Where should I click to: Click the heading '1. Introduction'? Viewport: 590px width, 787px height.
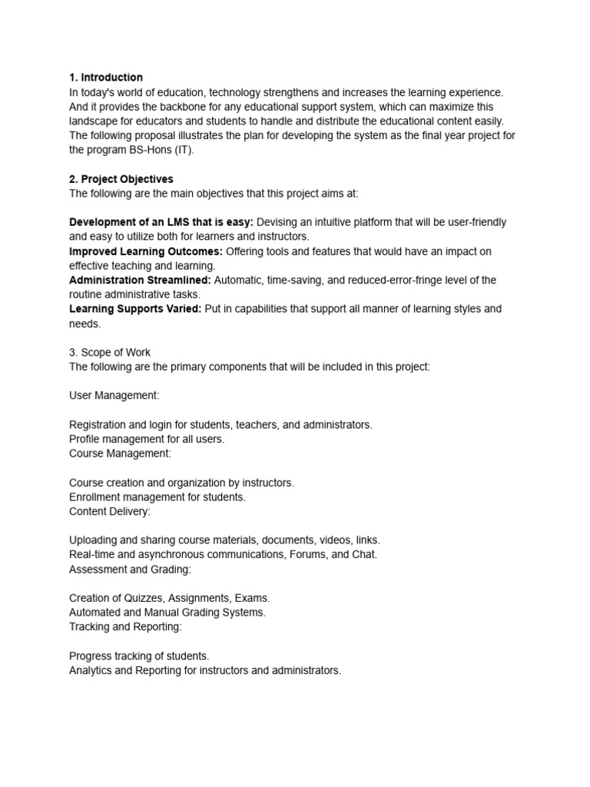coord(106,78)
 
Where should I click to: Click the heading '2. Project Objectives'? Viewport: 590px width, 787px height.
coord(121,179)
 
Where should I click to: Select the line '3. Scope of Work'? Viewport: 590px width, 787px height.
coord(110,352)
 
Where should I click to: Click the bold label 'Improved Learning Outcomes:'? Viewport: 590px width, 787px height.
coord(146,251)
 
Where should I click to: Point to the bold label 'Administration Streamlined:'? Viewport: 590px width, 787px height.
coord(140,281)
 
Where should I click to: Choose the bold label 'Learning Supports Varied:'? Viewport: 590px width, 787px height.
coord(135,309)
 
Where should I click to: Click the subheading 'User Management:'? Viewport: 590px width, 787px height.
coord(114,395)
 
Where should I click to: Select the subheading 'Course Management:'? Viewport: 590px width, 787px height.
coord(121,453)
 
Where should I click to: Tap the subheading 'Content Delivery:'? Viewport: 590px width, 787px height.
coord(110,511)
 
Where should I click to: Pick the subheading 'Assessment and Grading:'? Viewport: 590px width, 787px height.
coord(130,569)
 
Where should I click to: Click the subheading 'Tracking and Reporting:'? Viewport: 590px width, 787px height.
coord(126,627)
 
